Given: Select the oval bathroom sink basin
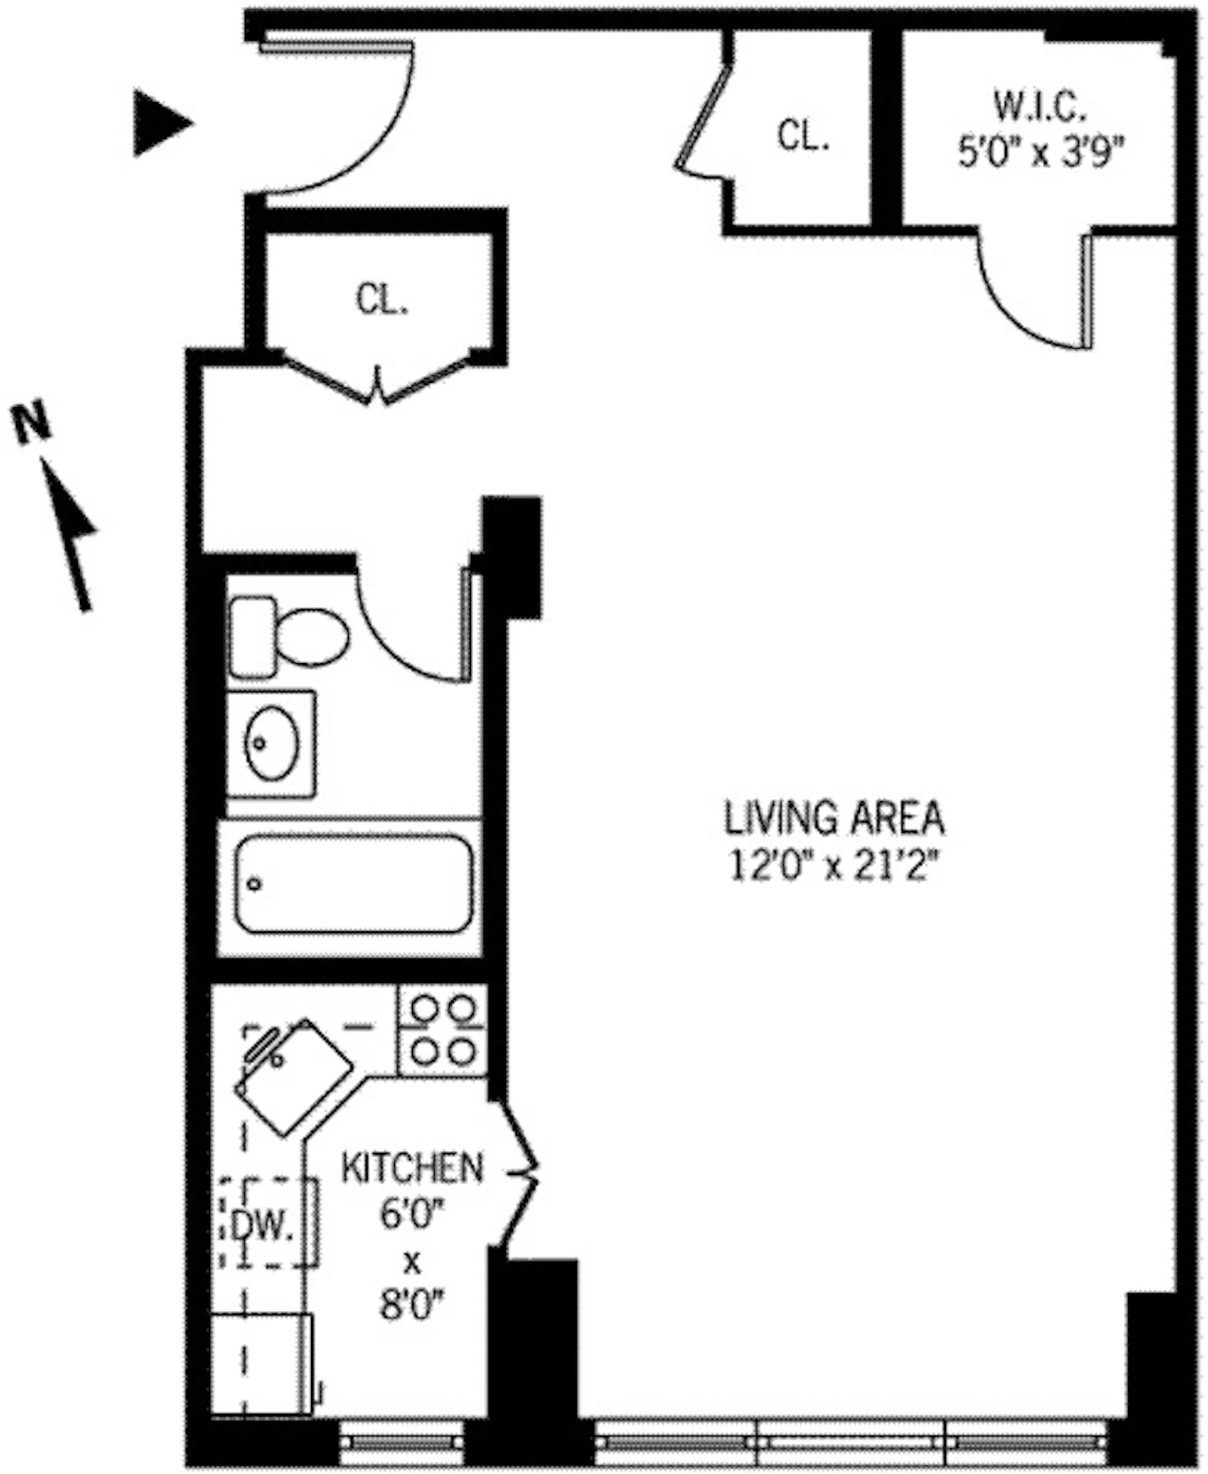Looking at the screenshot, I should (x=270, y=743).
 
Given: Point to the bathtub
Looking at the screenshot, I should (x=353, y=883).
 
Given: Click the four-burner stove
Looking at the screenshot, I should (x=442, y=1030).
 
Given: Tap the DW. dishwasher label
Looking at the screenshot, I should (x=261, y=1226).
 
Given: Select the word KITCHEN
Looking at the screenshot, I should (x=411, y=1167).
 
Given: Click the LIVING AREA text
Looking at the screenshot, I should (x=834, y=818).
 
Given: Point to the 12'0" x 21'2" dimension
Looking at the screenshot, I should (x=835, y=865).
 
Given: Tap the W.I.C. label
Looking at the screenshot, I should (x=1039, y=107).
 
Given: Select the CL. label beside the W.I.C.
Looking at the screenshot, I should (x=803, y=137).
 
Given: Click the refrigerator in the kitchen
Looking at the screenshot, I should (x=260, y=1360).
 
